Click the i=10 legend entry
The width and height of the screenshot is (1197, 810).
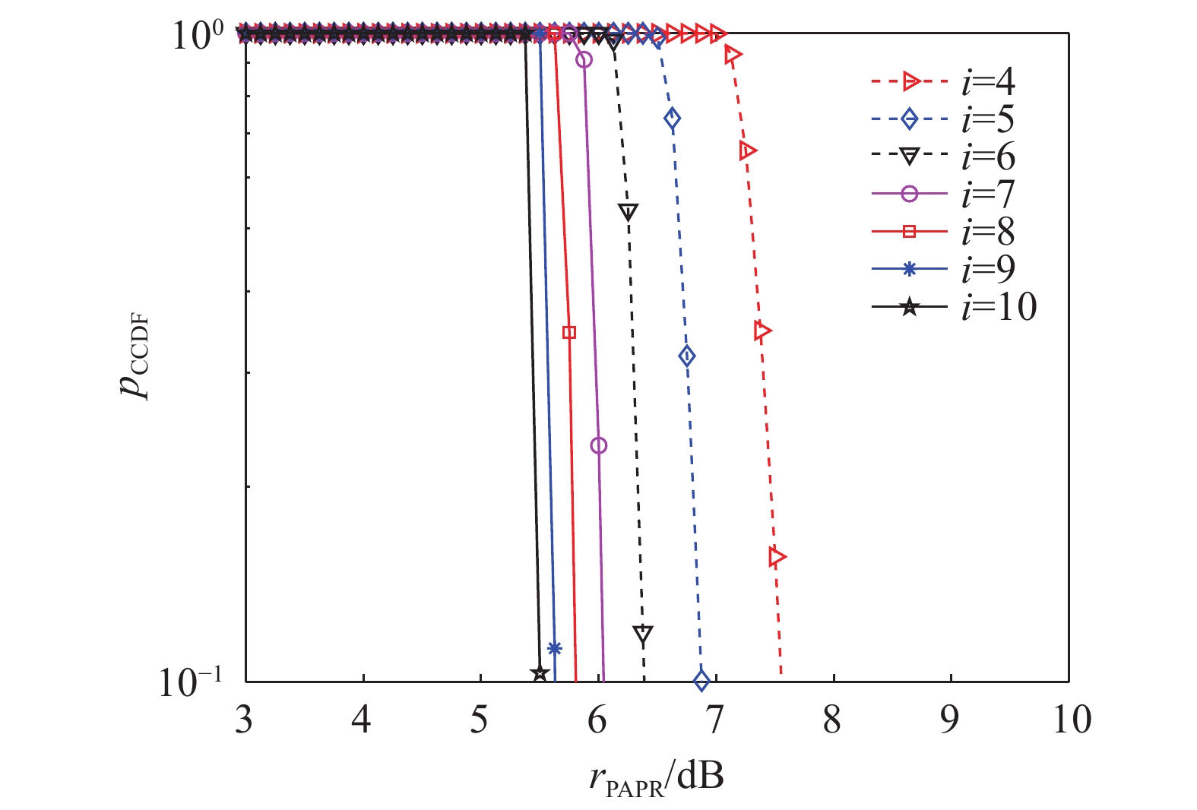click(x=954, y=307)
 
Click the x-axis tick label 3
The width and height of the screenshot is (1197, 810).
click(x=244, y=719)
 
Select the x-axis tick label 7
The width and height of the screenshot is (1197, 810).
click(x=715, y=719)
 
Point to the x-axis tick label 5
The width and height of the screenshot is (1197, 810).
click(x=480, y=719)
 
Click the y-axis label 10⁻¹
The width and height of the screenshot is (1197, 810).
click(x=190, y=682)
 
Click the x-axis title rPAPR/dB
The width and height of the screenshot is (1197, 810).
click(x=656, y=779)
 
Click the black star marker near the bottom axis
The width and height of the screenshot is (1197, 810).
click(x=540, y=673)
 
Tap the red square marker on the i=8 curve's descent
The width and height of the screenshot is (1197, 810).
click(x=569, y=332)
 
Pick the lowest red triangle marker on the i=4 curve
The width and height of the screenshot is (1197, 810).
click(x=777, y=557)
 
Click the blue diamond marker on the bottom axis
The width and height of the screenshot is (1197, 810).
click(x=701, y=679)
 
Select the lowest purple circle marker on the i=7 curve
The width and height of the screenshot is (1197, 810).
click(x=599, y=445)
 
